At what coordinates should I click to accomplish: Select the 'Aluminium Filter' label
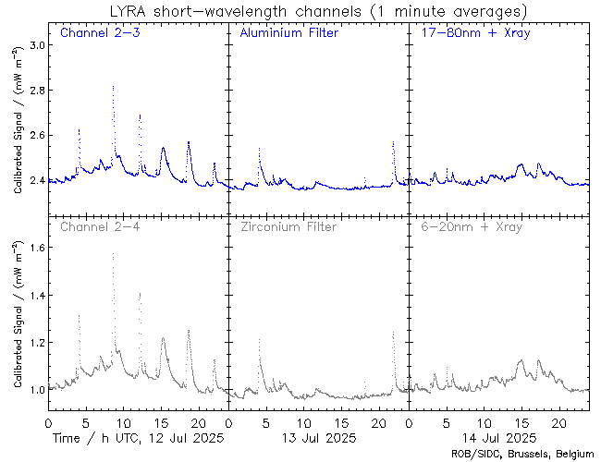(x=288, y=34)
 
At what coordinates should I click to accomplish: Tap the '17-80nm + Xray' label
(x=471, y=34)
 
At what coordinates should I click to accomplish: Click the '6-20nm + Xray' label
(x=471, y=226)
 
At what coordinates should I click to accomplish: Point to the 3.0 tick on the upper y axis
(x=35, y=45)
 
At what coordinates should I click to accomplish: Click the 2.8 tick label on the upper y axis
(x=35, y=91)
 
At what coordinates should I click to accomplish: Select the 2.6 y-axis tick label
(x=35, y=136)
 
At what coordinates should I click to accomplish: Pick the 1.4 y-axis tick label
(x=35, y=295)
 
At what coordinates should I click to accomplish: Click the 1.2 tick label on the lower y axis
(x=35, y=343)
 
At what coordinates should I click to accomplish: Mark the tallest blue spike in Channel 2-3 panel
(x=113, y=86)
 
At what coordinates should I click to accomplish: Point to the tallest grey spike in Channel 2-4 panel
(x=113, y=253)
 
